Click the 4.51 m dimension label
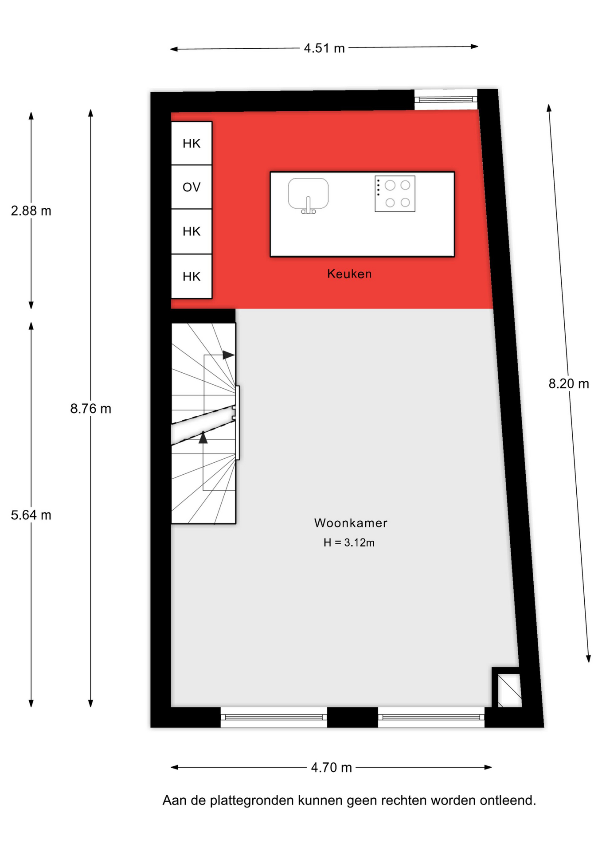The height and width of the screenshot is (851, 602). [x=324, y=48]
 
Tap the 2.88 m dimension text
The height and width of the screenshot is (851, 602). [x=31, y=211]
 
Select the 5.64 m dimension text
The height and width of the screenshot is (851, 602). [x=31, y=515]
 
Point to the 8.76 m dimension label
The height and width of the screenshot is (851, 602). [x=90, y=408]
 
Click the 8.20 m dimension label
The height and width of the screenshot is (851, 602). [x=569, y=383]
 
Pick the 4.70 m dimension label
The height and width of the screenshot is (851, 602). [x=331, y=767]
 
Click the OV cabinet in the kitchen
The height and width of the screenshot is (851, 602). [x=192, y=187]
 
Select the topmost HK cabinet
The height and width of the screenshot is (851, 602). [x=192, y=143]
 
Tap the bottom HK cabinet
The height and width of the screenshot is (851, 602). [x=192, y=276]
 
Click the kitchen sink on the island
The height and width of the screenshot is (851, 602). [x=308, y=194]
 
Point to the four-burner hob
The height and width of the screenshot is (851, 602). [x=395, y=194]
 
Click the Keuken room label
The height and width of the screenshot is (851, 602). [x=349, y=274]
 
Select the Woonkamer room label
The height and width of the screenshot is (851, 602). [x=351, y=523]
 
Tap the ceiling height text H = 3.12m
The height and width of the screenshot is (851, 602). [x=349, y=543]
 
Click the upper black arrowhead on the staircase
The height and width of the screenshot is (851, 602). [x=228, y=355]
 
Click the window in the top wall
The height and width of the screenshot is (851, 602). [x=446, y=99]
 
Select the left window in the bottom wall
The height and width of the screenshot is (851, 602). [x=274, y=717]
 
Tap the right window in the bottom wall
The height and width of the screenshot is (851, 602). [x=431, y=717]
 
